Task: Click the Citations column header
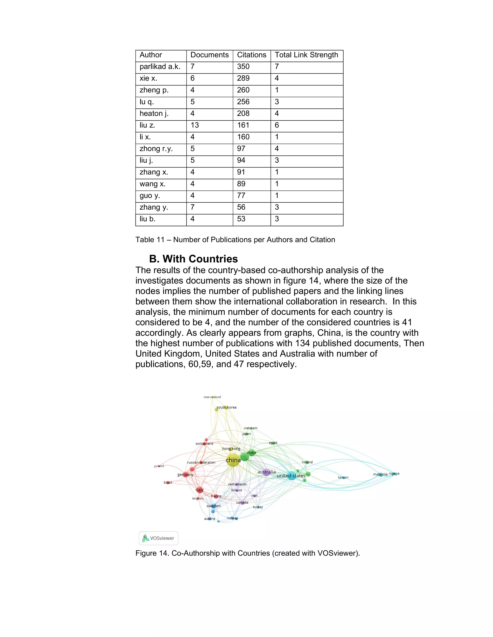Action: pos(252,55)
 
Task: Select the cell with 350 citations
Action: pos(243,67)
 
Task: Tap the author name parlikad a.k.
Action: pos(160,67)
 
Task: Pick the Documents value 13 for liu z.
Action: pos(195,125)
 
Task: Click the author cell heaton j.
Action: pos(154,114)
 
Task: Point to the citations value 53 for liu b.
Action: pos(241,219)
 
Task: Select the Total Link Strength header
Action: pos(306,55)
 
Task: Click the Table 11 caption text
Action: pos(235,240)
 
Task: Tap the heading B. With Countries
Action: pos(193,259)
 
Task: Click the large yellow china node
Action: pos(233,460)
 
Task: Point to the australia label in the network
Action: pos(266,472)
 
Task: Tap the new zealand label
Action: pos(212,397)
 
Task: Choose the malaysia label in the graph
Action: pos(380,474)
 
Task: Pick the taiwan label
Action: pos(343,477)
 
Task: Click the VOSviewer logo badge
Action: pos(158,538)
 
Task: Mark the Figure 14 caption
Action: pos(247,553)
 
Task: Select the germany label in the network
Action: pos(185,475)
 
